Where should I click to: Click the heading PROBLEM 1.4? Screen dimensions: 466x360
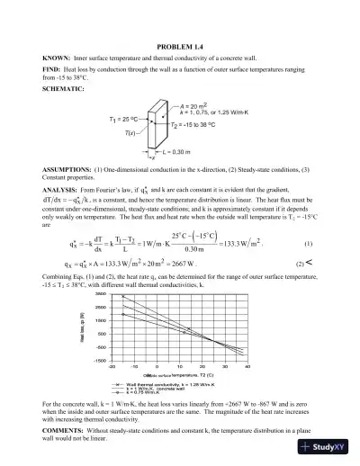pyautogui.click(x=180, y=46)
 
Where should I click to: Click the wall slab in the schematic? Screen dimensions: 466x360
pyautogui.click(x=161, y=126)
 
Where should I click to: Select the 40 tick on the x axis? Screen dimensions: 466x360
pyautogui.click(x=248, y=367)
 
